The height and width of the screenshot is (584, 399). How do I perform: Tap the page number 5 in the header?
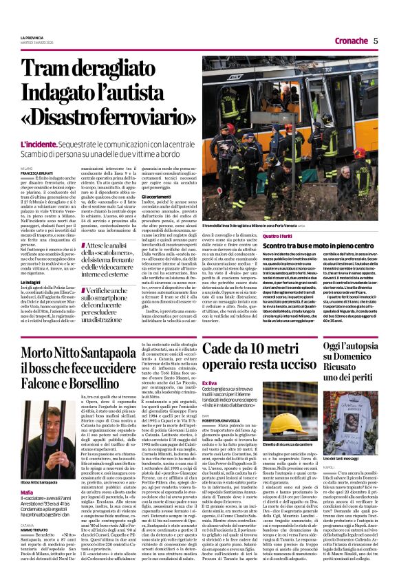(x=376, y=41)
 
